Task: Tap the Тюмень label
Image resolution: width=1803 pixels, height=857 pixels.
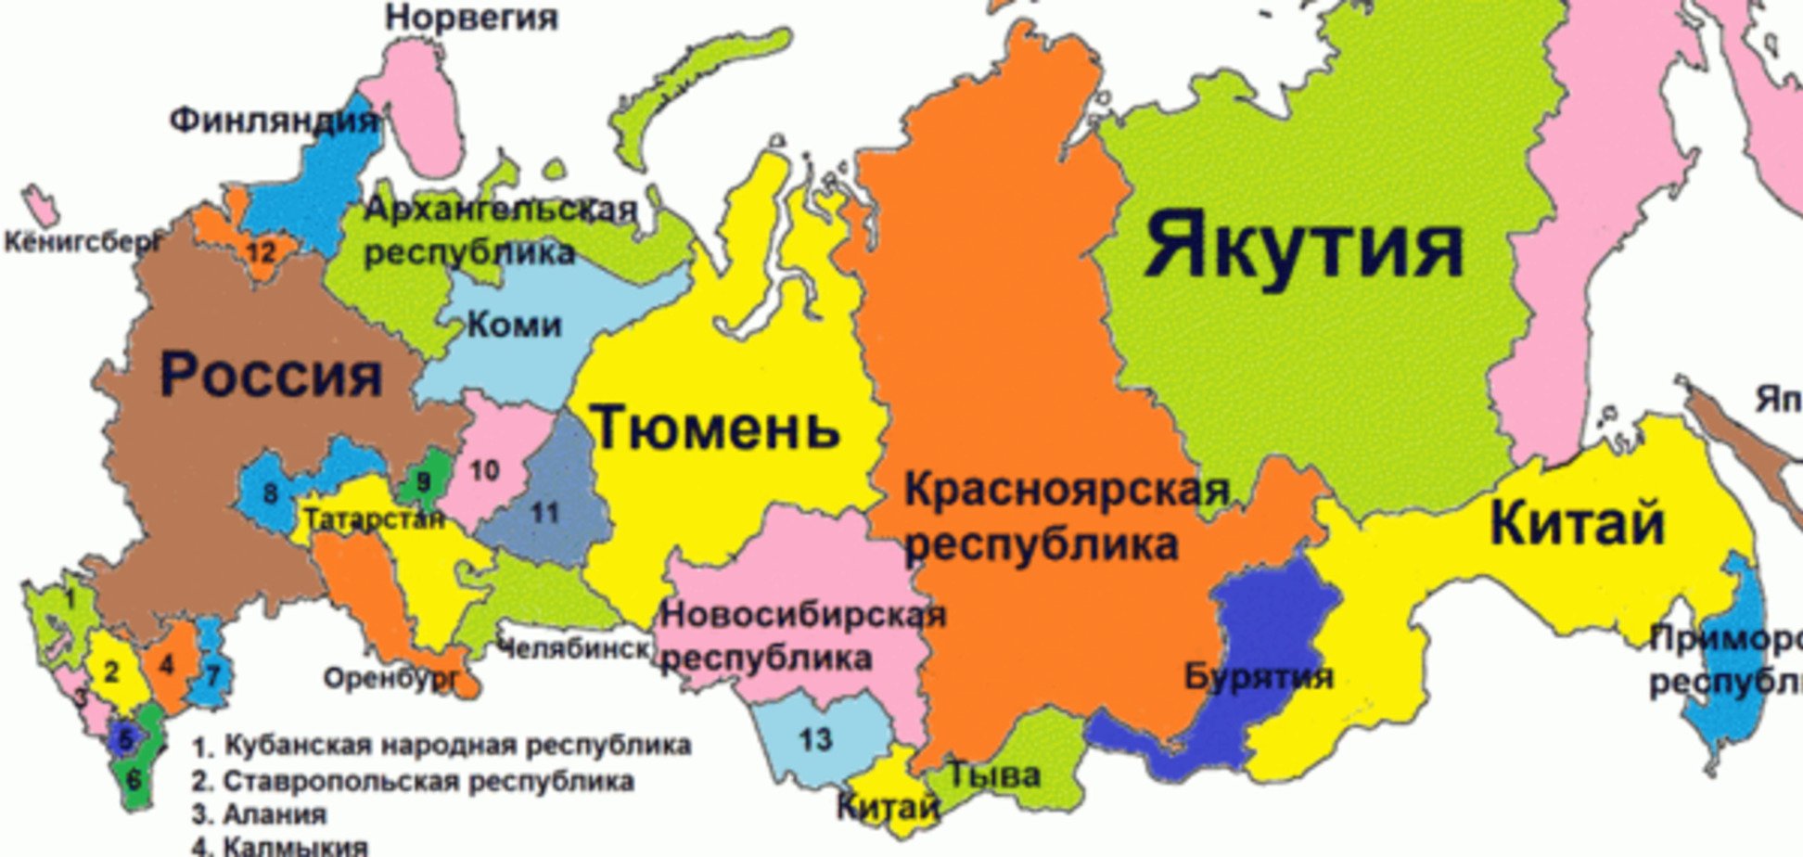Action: click(x=715, y=428)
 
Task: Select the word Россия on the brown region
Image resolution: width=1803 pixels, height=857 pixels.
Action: click(x=271, y=374)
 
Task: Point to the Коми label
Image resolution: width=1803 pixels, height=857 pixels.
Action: click(x=514, y=324)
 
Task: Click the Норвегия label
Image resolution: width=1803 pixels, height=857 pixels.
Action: click(x=471, y=17)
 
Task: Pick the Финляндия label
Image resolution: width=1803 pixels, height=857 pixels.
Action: click(x=275, y=120)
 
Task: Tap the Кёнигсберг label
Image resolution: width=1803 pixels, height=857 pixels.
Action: click(x=82, y=243)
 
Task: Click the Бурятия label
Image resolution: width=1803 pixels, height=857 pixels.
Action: click(x=1259, y=676)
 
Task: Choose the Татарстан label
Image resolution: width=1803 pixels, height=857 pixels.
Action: click(x=374, y=518)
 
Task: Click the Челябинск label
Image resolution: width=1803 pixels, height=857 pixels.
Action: click(x=573, y=648)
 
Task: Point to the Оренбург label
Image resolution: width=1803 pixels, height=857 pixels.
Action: click(x=390, y=679)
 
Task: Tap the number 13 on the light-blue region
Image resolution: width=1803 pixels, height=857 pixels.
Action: click(x=815, y=739)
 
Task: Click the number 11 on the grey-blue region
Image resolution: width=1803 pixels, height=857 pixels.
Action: click(x=544, y=511)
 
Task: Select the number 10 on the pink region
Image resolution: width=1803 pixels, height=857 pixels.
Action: click(x=483, y=470)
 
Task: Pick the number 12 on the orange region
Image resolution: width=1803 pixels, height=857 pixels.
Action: click(x=262, y=251)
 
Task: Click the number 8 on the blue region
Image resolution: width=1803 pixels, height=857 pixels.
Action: click(x=270, y=492)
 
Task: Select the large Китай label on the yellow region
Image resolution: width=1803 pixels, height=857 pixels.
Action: click(x=1577, y=523)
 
